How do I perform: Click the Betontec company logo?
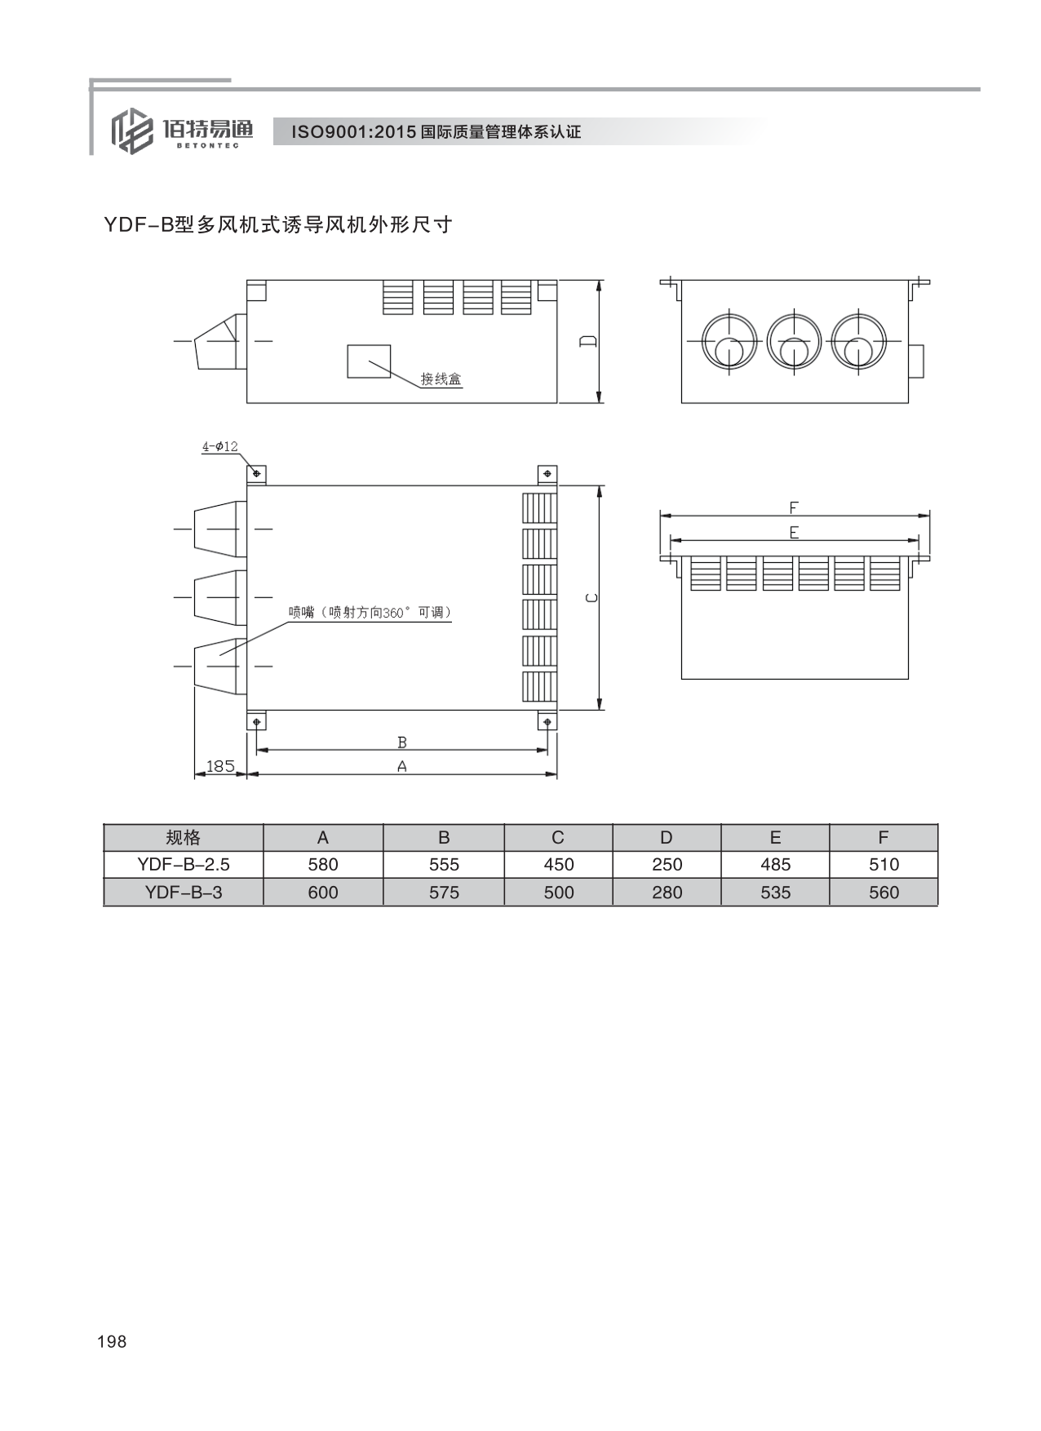[181, 130]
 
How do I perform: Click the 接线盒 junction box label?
[441, 379]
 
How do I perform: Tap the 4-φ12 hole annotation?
[219, 446]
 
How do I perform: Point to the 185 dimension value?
[219, 766]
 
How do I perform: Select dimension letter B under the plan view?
[402, 742]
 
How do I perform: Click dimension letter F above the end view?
[794, 507]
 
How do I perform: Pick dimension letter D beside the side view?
[588, 341]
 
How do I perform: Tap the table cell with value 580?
[323, 865]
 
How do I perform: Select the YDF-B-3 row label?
[184, 893]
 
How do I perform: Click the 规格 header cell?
[183, 838]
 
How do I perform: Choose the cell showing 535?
[775, 893]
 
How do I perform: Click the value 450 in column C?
[558, 865]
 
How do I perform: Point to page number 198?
[112, 1341]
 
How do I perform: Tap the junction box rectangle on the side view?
[369, 361]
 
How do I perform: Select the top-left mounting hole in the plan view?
[257, 473]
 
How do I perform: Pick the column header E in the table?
[775, 838]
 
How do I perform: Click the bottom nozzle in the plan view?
[219, 667]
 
